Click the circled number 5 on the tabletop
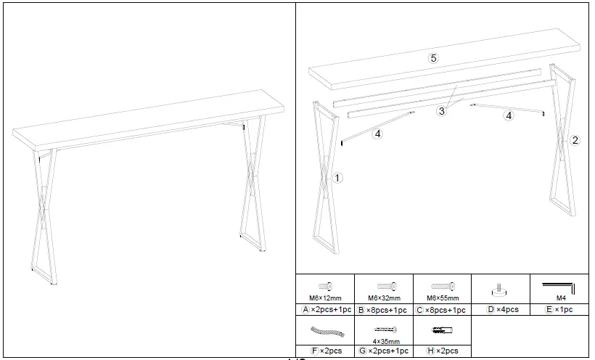click(x=433, y=59)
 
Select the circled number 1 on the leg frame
click(x=338, y=176)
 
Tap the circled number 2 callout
click(x=575, y=141)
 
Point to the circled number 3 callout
click(x=441, y=111)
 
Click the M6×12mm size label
click(x=325, y=298)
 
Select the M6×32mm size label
click(x=384, y=298)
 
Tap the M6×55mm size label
click(x=443, y=298)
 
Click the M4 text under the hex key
click(x=559, y=298)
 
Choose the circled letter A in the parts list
click(x=306, y=309)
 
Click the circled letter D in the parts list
click(x=491, y=309)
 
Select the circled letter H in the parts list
click(x=431, y=351)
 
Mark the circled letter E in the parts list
click(x=549, y=309)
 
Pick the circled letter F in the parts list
click(x=313, y=351)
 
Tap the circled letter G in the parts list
click(x=363, y=351)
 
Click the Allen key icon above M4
click(x=559, y=288)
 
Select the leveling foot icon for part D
click(x=501, y=290)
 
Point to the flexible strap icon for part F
click(x=325, y=331)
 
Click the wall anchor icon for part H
click(x=442, y=330)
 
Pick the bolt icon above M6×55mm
click(x=443, y=286)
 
